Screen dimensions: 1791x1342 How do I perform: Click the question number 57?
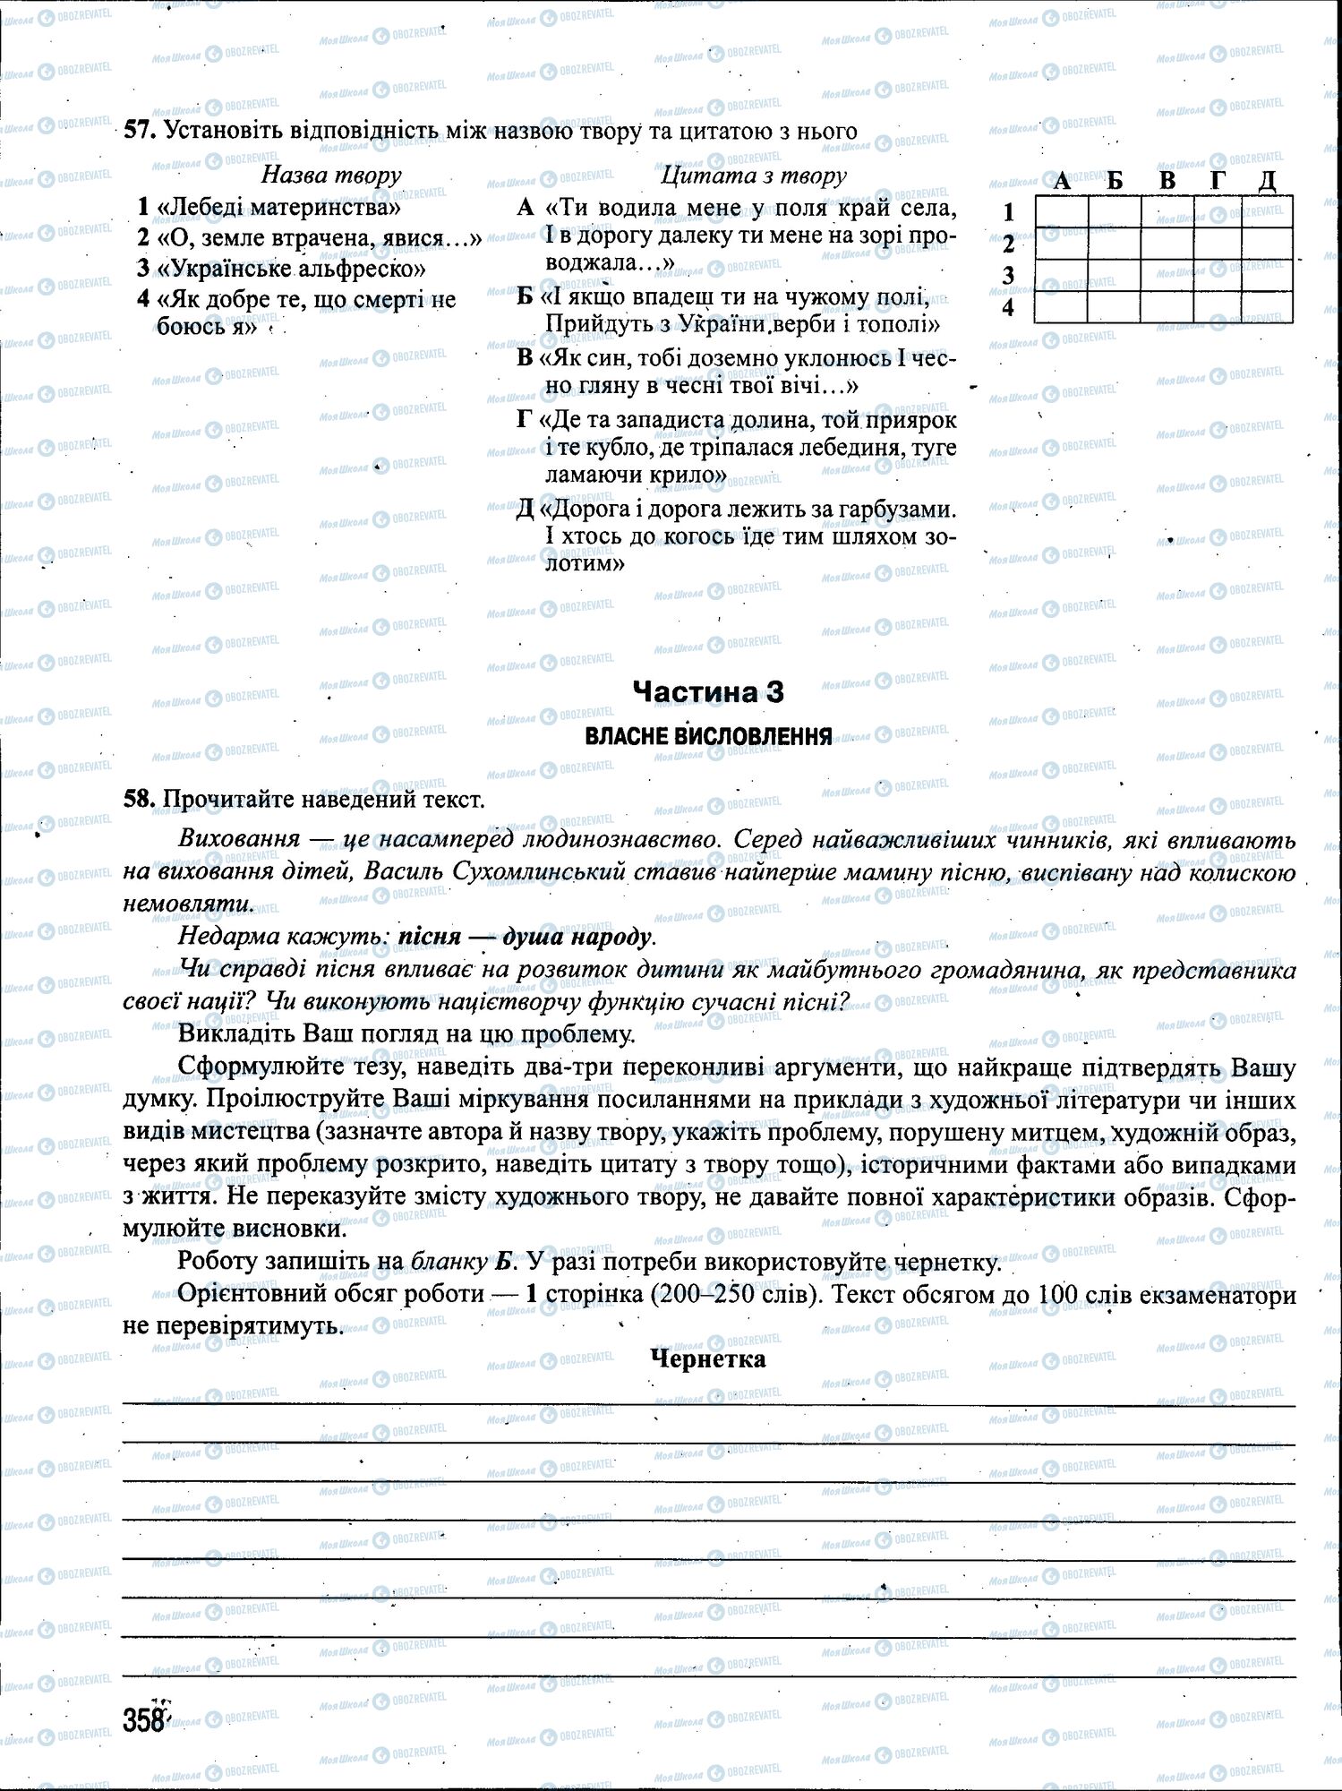tap(139, 131)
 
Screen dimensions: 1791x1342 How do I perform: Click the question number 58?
tap(139, 799)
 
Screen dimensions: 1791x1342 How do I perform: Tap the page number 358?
tap(144, 1720)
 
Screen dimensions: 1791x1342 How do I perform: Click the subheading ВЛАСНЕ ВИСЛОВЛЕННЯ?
tap(707, 736)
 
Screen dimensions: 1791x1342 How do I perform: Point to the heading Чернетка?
tap(707, 1359)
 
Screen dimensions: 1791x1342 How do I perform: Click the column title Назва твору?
tap(331, 175)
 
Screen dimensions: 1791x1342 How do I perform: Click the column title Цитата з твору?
tap(753, 175)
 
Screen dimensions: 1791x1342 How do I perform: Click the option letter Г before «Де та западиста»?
tap(526, 419)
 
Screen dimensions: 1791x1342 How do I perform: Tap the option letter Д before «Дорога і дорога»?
tap(526, 509)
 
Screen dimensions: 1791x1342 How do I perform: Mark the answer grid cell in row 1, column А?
tap(1062, 212)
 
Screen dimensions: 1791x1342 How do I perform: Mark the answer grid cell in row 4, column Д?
tap(1267, 307)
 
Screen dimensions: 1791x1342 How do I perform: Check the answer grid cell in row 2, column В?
tap(1167, 244)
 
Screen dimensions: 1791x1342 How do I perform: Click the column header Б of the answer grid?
tap(1115, 180)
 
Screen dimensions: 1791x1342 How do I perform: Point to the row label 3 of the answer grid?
tap(1009, 276)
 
